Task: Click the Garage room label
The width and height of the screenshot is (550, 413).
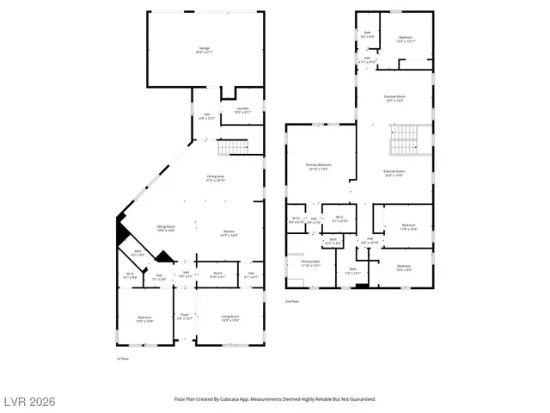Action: (x=205, y=50)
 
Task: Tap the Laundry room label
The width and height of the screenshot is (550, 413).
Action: (x=242, y=110)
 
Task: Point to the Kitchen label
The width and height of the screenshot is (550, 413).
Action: (x=229, y=233)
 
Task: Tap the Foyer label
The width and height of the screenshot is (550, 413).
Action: (x=183, y=317)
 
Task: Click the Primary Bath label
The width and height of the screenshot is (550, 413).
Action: (x=310, y=263)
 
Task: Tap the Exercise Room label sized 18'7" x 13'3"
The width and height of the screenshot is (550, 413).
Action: (x=394, y=99)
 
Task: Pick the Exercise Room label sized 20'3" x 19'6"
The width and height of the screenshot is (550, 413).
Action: (x=394, y=173)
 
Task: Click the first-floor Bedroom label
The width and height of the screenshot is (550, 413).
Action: (x=144, y=319)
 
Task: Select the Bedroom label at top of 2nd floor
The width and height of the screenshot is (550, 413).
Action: (x=406, y=39)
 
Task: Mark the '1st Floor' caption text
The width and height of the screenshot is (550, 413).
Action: (x=122, y=358)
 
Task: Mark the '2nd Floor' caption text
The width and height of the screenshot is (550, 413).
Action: (x=292, y=301)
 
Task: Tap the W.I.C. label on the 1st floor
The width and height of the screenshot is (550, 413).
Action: (x=129, y=276)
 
